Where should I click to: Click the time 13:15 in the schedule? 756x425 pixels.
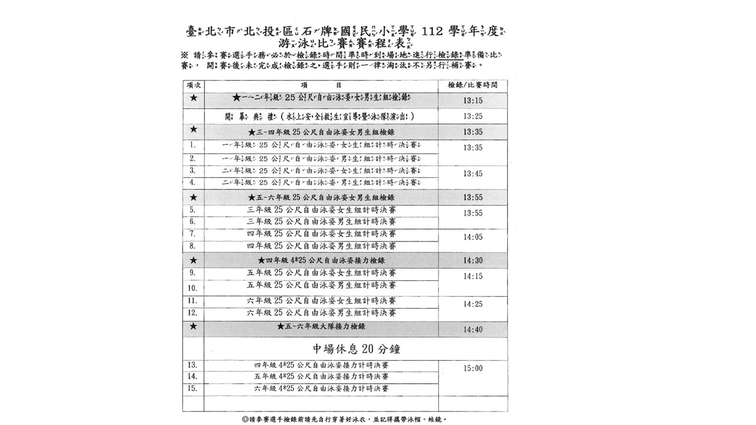coord(473,101)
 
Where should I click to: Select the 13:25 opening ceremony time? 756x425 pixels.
coord(473,116)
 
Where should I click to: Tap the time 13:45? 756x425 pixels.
coord(473,174)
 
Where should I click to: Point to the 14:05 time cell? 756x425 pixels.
coord(473,237)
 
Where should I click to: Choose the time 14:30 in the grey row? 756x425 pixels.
coord(473,260)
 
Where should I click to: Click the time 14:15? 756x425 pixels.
coord(473,276)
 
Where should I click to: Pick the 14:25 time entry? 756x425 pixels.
coord(473,305)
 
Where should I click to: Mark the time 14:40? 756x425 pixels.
coord(473,330)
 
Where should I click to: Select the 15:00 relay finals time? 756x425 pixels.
coord(473,368)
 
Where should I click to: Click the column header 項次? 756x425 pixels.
coord(193,85)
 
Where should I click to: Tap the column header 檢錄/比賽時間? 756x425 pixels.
coord(473,85)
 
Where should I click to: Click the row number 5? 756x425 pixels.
coord(193,210)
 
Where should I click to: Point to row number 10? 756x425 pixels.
coord(193,289)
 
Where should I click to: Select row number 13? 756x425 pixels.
coord(193,365)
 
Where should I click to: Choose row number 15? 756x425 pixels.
coord(193,388)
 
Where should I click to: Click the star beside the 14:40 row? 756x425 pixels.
coord(193,326)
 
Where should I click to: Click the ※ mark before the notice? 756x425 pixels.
coord(185,55)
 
